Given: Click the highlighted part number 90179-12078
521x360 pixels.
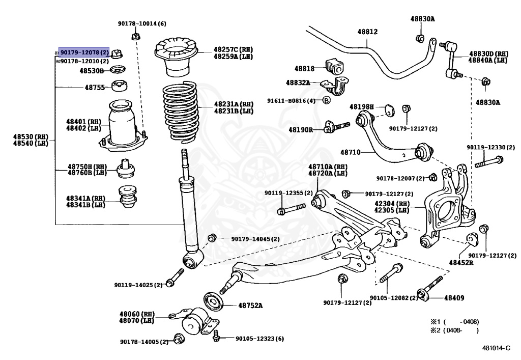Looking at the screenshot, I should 84,52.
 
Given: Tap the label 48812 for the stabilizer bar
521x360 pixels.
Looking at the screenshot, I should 367,32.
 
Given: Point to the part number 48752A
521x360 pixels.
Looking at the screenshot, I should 250,306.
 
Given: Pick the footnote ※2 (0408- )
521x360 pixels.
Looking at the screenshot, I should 455,330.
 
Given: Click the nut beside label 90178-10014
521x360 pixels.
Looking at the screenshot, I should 136,36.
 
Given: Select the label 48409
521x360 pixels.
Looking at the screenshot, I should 454,297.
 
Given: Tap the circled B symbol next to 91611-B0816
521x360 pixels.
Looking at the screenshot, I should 327,100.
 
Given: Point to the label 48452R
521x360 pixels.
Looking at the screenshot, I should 461,262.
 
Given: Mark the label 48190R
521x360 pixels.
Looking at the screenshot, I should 301,130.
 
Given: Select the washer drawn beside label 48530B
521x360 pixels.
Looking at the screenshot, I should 119,70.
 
